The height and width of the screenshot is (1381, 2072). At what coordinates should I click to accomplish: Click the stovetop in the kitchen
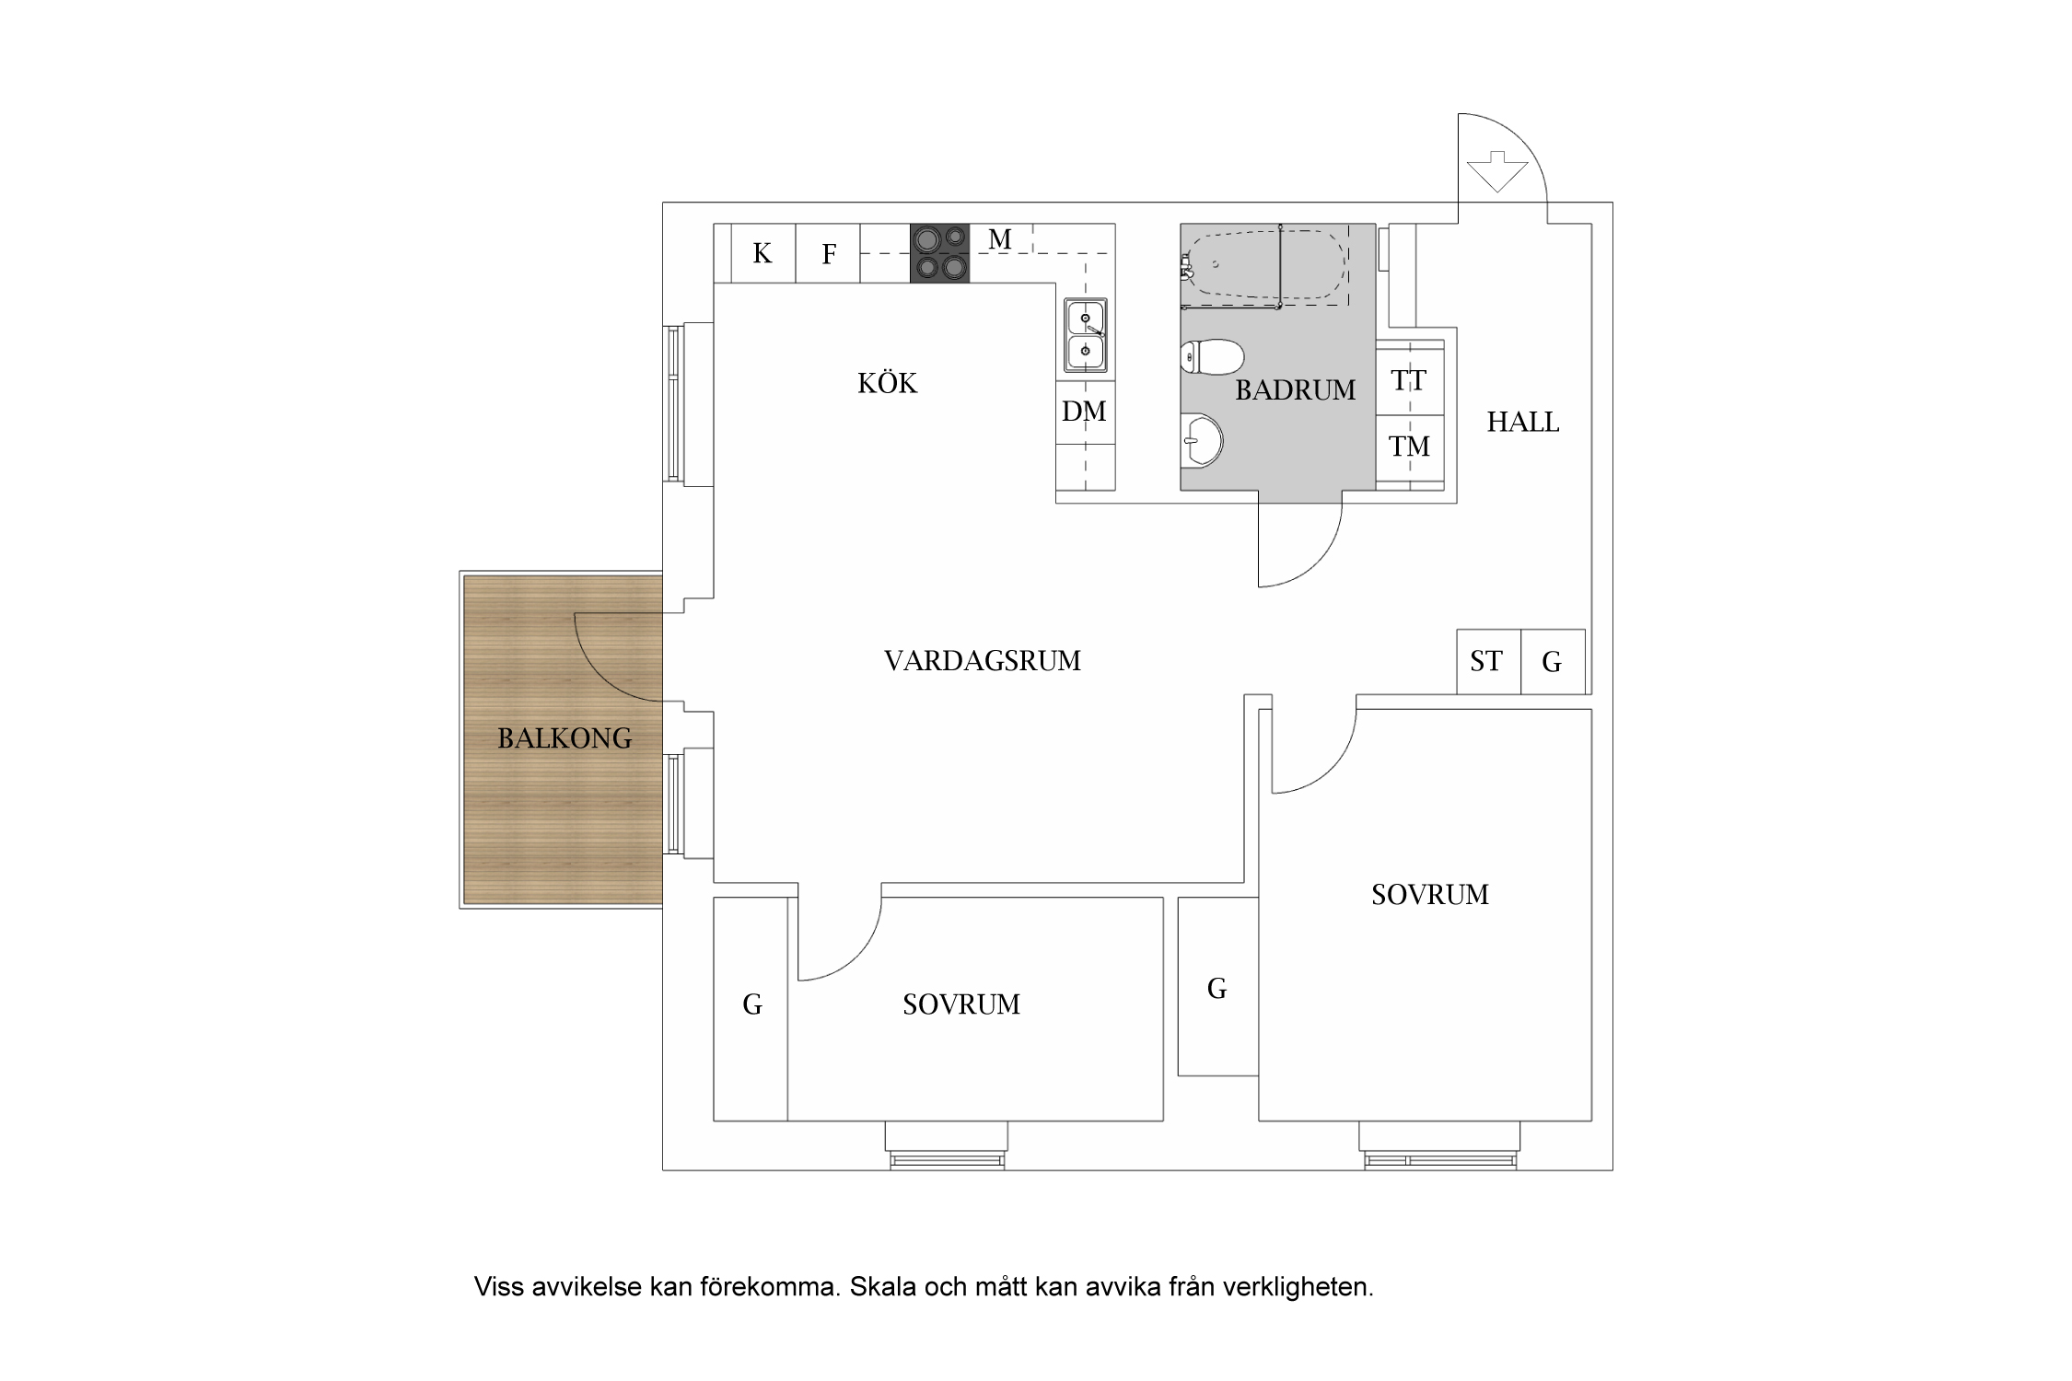pos(939,252)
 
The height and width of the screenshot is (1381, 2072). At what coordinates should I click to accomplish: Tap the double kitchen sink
pos(1086,335)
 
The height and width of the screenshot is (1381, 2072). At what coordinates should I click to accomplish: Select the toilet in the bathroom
pos(1212,357)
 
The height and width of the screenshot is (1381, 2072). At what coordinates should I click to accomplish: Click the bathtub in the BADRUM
pos(1266,266)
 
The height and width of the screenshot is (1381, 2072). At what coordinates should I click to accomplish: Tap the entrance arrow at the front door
pos(1496,171)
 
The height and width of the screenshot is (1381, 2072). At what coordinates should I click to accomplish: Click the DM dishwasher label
pos(1084,412)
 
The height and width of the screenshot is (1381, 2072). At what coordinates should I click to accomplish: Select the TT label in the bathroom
pos(1409,381)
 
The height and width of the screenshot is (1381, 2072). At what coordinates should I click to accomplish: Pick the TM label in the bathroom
pos(1409,447)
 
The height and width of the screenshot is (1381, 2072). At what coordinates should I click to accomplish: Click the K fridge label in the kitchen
pos(762,253)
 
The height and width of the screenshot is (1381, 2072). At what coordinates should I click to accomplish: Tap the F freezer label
pos(829,254)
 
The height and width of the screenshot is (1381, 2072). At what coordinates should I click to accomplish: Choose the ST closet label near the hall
pos(1485,661)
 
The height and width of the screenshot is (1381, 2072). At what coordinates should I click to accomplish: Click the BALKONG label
pos(565,738)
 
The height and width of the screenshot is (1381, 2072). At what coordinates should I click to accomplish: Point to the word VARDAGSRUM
pos(982,661)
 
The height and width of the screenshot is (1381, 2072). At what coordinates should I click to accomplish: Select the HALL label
pos(1522,423)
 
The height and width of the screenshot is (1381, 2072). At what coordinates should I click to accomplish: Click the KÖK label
pos(887,383)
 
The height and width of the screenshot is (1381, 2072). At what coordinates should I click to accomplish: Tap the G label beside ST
pos(1552,662)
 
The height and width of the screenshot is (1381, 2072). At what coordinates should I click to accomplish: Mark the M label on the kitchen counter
pos(999,239)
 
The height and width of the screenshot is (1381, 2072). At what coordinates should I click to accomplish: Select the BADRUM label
pos(1295,390)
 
